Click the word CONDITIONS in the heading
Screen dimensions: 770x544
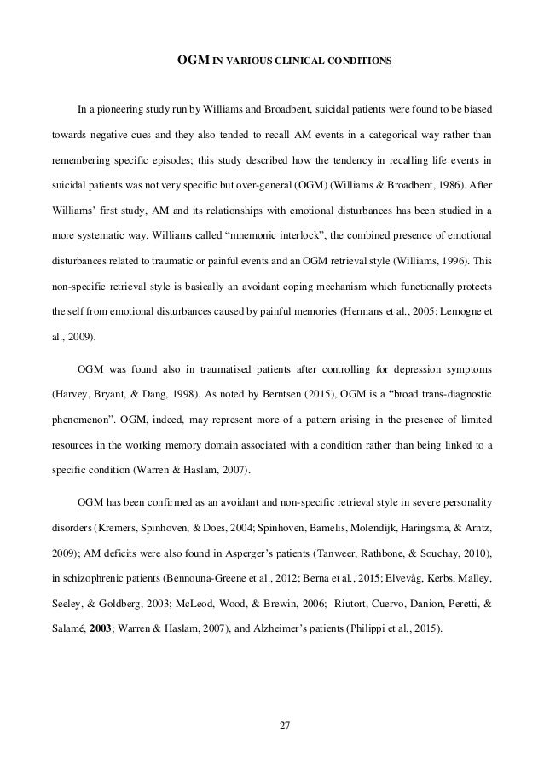click(x=362, y=61)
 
